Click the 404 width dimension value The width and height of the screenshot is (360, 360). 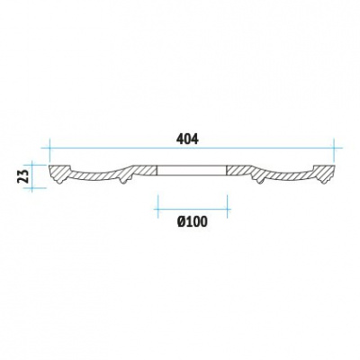tap(187, 139)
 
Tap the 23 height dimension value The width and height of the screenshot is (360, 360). tap(24, 175)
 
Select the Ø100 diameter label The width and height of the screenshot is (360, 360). tap(192, 221)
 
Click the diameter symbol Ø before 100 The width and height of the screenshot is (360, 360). tap(181, 221)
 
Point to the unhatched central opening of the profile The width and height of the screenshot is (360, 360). tap(192, 170)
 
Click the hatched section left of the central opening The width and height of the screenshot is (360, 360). tap(145, 170)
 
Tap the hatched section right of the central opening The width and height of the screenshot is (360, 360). tap(239, 170)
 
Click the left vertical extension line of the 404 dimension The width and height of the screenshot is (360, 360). tap(49, 150)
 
